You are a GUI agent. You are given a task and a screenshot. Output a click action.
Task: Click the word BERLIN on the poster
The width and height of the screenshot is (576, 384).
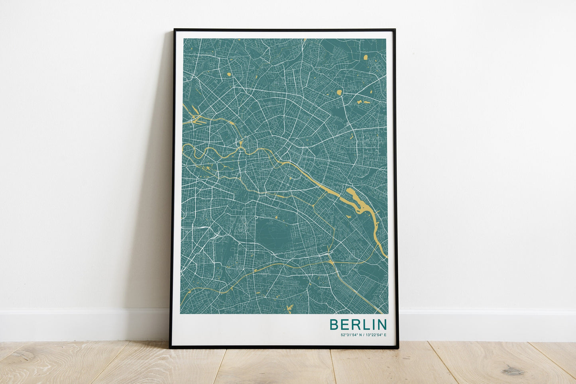(358, 324)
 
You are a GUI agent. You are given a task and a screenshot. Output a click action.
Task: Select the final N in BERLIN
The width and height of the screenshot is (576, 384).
(381, 324)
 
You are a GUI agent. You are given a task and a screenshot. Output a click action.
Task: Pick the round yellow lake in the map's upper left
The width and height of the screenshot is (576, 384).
(229, 74)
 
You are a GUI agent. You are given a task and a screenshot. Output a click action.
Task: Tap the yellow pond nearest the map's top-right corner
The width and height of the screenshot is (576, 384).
(366, 57)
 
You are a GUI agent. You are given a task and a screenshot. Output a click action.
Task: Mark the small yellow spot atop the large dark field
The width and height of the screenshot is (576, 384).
(275, 217)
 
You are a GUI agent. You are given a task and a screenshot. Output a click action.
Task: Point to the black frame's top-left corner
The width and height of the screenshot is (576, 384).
(175, 30)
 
